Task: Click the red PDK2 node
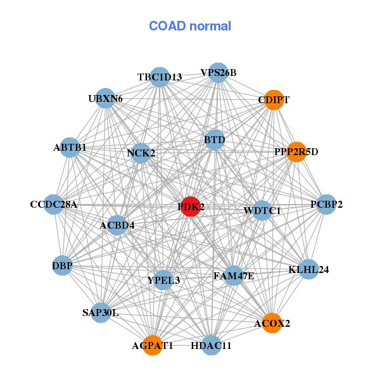coord(191,206)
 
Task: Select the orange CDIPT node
coord(274,100)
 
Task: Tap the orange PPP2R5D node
coord(296,152)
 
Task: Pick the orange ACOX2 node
coord(272,323)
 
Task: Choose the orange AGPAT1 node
coord(153,345)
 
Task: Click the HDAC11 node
coord(212,345)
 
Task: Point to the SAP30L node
coord(101,313)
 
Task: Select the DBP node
coord(63,265)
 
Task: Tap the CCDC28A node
coord(54,205)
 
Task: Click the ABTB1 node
coord(70,148)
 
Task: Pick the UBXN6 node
coord(105,98)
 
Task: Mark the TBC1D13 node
coord(160,77)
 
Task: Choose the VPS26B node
coord(218,73)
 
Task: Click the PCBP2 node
coord(326,205)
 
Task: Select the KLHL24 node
coord(308,269)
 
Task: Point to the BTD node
coord(215,140)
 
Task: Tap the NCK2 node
coord(141,153)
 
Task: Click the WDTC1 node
coord(262,211)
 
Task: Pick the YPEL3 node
coord(163,280)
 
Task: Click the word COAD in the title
coord(167,26)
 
